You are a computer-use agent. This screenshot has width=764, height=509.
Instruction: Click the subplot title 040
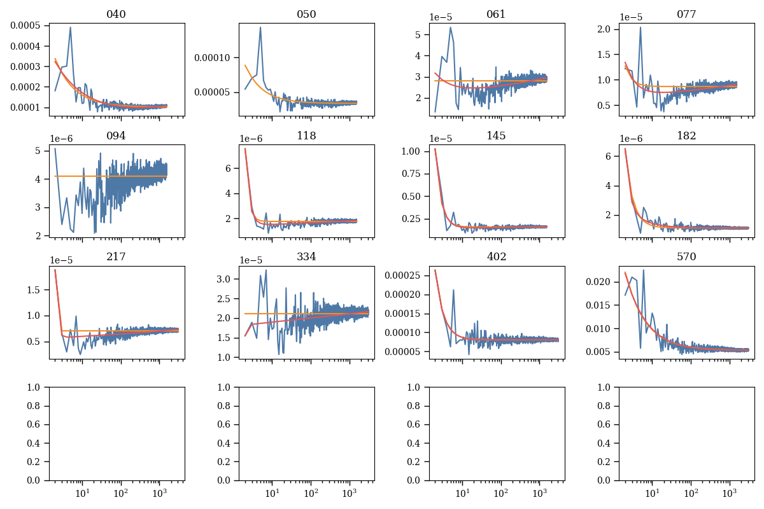click(116, 15)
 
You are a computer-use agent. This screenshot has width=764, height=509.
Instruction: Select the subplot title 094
click(116, 136)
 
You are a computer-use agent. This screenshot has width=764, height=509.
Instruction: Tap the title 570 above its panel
click(686, 257)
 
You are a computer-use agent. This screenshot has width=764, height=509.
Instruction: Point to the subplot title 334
click(306, 257)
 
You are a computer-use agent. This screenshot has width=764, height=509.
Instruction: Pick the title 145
click(496, 136)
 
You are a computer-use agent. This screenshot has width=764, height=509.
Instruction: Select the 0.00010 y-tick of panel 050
click(215, 58)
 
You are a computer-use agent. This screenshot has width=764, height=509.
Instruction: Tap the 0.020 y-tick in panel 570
click(600, 282)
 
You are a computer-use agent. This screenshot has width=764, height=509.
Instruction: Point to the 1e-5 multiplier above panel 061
click(441, 17)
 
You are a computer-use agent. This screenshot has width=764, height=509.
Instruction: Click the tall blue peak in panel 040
click(70, 28)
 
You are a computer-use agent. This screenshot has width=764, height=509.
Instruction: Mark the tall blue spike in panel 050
click(260, 28)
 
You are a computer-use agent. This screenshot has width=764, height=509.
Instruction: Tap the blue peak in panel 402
click(453, 291)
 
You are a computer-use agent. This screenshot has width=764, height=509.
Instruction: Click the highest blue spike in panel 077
click(640, 27)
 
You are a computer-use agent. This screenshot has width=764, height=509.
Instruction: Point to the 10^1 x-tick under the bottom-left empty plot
click(81, 494)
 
